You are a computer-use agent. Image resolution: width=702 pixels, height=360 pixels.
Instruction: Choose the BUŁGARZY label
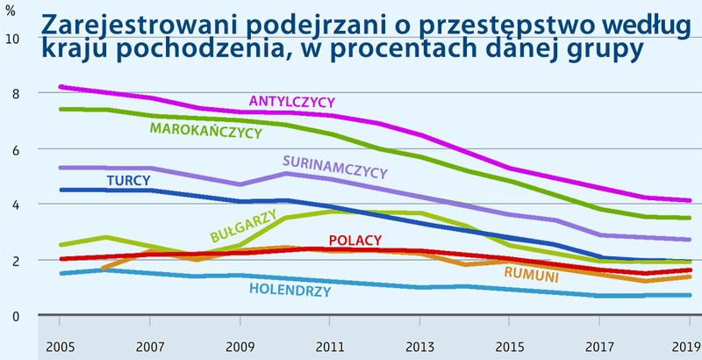click(238, 225)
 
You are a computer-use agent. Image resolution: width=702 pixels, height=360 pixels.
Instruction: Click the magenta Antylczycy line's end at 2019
click(689, 200)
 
